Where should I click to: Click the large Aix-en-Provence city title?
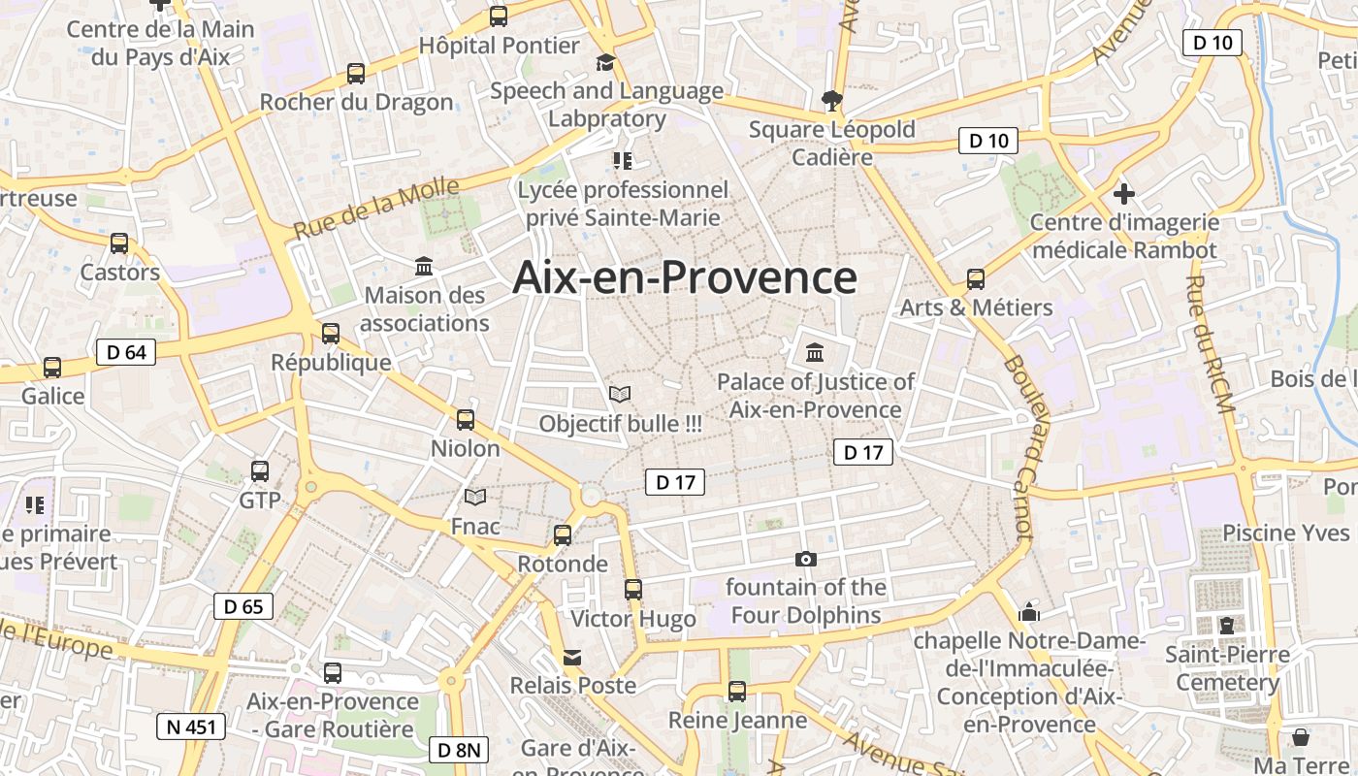click(x=685, y=277)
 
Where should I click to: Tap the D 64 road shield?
click(x=126, y=352)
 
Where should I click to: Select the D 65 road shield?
click(x=243, y=607)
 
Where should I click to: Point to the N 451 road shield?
click(x=191, y=727)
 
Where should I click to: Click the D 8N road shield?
click(x=459, y=750)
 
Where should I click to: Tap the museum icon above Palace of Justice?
click(x=815, y=352)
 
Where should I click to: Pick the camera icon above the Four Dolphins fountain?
click(x=805, y=559)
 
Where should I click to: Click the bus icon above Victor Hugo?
click(x=633, y=589)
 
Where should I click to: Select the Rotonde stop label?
click(x=563, y=564)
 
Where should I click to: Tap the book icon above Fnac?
click(x=475, y=498)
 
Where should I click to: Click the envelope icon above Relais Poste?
click(x=573, y=658)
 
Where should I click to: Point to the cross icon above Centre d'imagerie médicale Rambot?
click(x=1123, y=194)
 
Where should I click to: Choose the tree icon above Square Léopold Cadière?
click(x=831, y=99)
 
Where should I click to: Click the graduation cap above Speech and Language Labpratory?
click(x=606, y=63)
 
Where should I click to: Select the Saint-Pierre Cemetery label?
click(x=1228, y=668)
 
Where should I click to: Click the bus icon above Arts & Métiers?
click(x=976, y=279)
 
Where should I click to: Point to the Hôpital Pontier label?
click(x=499, y=46)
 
